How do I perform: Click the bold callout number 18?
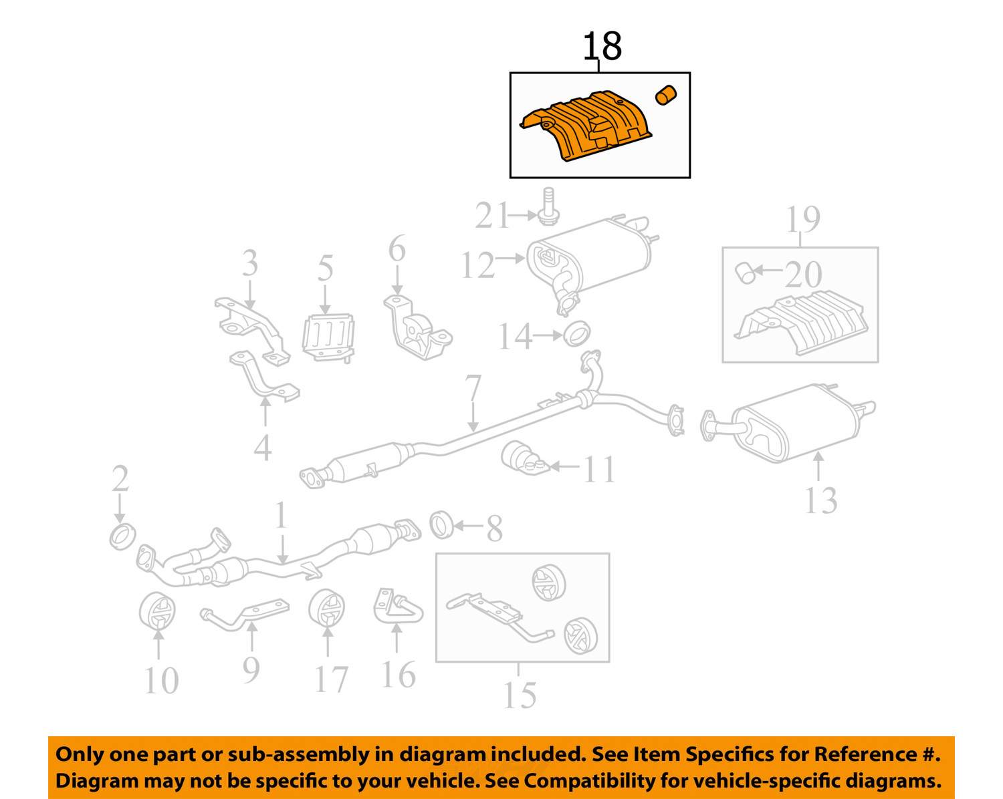coord(602,47)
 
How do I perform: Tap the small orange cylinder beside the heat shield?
coord(666,96)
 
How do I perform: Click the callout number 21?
coord(493,216)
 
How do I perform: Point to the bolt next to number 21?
coord(548,206)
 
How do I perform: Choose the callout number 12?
coord(477,265)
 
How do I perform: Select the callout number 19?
coord(802,219)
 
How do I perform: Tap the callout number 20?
coord(803,274)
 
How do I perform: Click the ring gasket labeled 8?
coord(441,525)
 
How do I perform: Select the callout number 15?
coord(520,695)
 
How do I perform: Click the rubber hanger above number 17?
coord(328,609)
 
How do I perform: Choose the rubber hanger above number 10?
coord(158,611)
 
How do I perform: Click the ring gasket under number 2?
coord(122,536)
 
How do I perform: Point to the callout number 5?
coord(326,268)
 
